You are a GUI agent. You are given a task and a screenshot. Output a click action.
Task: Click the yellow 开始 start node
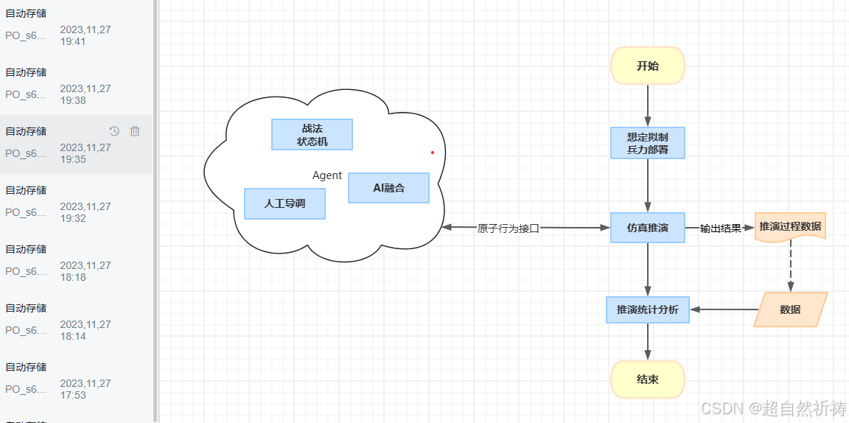pos(648,66)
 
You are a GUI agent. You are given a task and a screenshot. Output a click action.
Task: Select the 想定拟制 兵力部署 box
pos(648,143)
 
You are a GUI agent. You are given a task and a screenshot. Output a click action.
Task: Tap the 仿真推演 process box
pos(648,228)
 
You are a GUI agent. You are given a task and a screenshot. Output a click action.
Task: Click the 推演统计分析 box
pos(648,310)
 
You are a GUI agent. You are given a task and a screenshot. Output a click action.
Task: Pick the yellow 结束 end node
pos(648,380)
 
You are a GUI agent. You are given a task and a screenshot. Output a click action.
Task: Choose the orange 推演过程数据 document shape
pos(790,226)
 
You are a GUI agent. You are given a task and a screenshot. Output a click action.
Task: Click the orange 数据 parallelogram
pos(790,310)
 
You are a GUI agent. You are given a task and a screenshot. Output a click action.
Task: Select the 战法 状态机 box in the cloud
pos(312,135)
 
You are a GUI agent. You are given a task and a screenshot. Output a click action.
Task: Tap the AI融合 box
pos(388,188)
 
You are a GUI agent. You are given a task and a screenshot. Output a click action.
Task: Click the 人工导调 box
pos(284,203)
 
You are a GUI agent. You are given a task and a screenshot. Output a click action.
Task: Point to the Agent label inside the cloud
pos(327,175)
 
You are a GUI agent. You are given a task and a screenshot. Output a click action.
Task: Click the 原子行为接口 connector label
pos(509,228)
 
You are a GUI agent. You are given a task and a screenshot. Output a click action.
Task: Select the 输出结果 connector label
pos(720,228)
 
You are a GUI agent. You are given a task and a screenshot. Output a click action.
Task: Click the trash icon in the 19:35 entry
pos(135,131)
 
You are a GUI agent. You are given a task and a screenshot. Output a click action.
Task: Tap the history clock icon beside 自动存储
pos(114,131)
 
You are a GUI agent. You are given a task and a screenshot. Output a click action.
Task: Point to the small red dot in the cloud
pos(433,153)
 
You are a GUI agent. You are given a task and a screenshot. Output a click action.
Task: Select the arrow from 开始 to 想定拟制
pos(648,105)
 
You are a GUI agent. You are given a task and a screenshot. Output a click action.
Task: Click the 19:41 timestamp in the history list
pos(73,41)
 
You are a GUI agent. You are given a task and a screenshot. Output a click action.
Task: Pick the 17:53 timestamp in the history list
pos(73,395)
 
